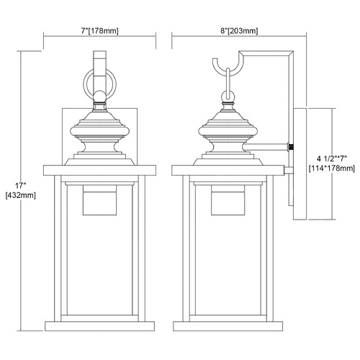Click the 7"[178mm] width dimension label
pyautogui.click(x=99, y=31)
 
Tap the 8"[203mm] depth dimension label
pyautogui.click(x=239, y=31)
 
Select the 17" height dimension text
pyautogui.click(x=20, y=186)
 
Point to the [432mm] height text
pyautogui.click(x=20, y=195)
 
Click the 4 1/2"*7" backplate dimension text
pyautogui.click(x=331, y=158)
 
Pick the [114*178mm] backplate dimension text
pyautogui.click(x=331, y=168)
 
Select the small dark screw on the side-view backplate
pyautogui.click(x=292, y=147)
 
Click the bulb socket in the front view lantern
pyautogui.click(x=99, y=200)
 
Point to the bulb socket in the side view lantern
pyautogui.click(x=228, y=200)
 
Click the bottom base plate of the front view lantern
pyautogui.click(x=99, y=326)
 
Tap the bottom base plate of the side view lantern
pyautogui.click(x=228, y=326)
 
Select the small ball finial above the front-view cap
pyautogui.click(x=99, y=96)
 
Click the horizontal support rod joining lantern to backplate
pyautogui.click(x=266, y=147)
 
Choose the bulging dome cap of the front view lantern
pyautogui.click(x=99, y=132)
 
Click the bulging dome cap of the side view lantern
pyautogui.click(x=228, y=132)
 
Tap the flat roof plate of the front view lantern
pyautogui.click(x=99, y=170)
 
